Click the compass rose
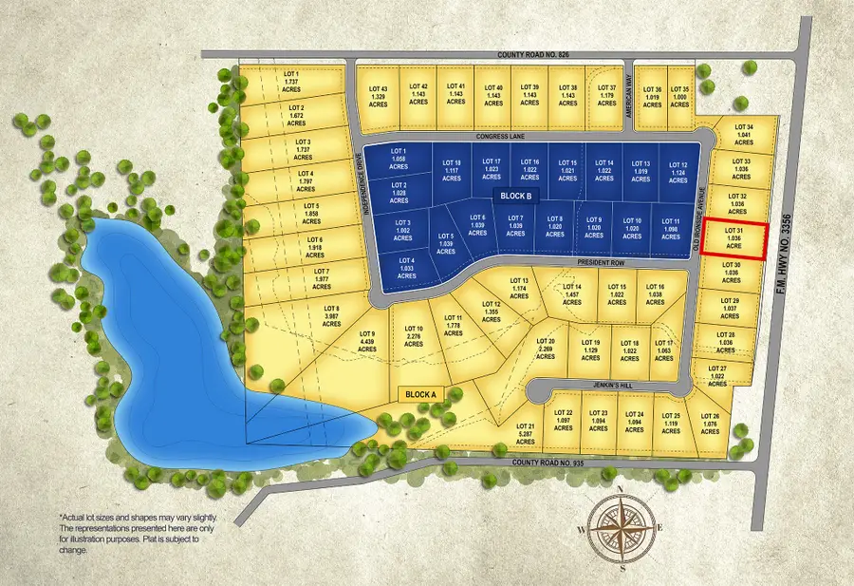point(620,528)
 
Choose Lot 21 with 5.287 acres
point(525,432)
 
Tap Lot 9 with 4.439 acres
point(367,341)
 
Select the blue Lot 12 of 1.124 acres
point(678,171)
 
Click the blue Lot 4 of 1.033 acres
point(407,264)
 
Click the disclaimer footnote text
point(128,533)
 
